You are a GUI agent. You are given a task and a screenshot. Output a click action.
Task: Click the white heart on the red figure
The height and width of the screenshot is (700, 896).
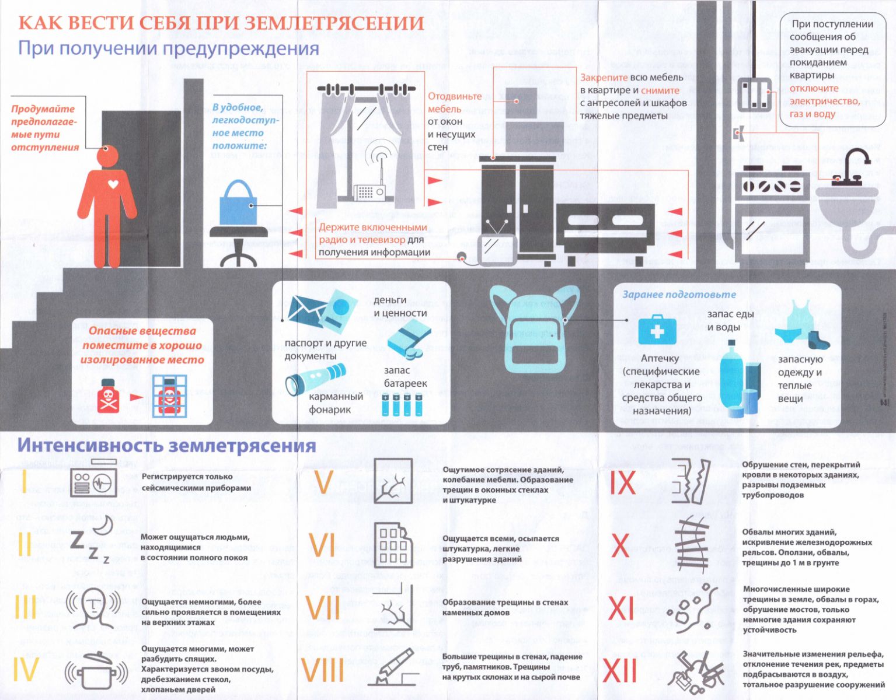[x=113, y=184]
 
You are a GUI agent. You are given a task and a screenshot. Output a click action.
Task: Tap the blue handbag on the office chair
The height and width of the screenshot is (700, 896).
[x=238, y=204]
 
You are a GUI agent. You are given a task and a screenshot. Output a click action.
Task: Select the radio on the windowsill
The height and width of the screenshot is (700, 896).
[x=369, y=191]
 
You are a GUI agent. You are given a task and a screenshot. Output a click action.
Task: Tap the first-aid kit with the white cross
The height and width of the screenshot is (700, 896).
[x=657, y=330]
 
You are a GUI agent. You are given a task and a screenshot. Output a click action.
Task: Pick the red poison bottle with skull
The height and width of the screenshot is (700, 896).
[x=109, y=396]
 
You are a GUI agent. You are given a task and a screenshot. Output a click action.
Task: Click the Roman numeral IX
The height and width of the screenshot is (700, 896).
[x=623, y=483]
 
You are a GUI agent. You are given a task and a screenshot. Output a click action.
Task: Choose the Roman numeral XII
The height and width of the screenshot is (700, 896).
[x=620, y=671]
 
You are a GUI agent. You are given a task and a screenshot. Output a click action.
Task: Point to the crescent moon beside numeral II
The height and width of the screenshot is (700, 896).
[x=104, y=526]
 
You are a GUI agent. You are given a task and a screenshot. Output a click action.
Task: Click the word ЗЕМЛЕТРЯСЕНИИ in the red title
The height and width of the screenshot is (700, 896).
[x=333, y=23]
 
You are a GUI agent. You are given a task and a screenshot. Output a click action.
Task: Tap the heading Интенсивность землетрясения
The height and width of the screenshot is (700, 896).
[x=166, y=445]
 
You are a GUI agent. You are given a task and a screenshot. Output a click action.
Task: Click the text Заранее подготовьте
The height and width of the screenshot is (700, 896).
[x=679, y=295]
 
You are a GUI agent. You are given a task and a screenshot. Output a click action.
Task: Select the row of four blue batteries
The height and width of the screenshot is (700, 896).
[x=402, y=405]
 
